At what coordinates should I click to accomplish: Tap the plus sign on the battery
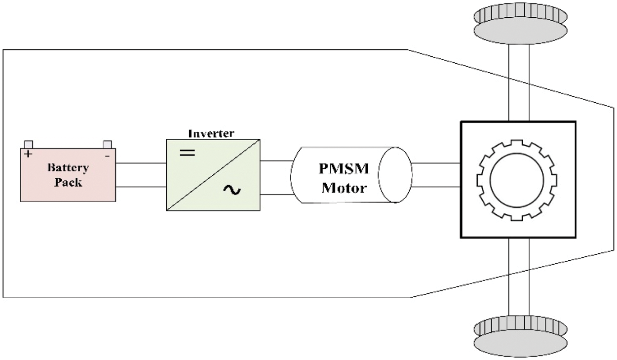pyautogui.click(x=28, y=154)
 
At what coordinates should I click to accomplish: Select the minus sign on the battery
pyautogui.click(x=107, y=155)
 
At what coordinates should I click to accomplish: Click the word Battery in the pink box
pyautogui.click(x=68, y=168)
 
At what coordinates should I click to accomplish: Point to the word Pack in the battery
pyautogui.click(x=68, y=182)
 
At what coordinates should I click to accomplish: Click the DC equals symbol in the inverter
pyautogui.click(x=187, y=153)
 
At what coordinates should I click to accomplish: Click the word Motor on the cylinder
pyautogui.click(x=344, y=188)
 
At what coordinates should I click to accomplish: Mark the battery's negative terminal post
pyautogui.click(x=107, y=144)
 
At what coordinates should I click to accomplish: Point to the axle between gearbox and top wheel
pyautogui.click(x=518, y=81)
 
